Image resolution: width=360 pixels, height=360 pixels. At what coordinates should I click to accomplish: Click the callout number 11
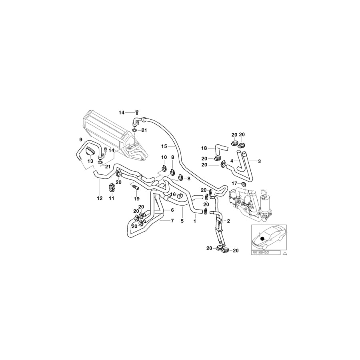pyautogui.click(x=112, y=198)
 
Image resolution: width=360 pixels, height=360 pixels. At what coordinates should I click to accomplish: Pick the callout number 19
pyautogui.click(x=136, y=198)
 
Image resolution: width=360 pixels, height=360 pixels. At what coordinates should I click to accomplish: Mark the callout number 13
pyautogui.click(x=90, y=161)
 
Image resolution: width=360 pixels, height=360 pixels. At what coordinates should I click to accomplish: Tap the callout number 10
pyautogui.click(x=164, y=157)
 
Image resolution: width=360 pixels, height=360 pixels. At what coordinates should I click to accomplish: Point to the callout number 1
pyautogui.click(x=195, y=220)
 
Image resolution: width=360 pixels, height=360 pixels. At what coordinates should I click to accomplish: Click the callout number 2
pyautogui.click(x=228, y=220)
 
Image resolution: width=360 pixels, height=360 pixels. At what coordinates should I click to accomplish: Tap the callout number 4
pyautogui.click(x=231, y=161)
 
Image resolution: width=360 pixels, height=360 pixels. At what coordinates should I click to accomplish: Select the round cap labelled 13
pyautogui.click(x=90, y=153)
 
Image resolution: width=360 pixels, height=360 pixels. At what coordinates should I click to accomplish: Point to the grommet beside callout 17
pyautogui.click(x=243, y=184)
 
